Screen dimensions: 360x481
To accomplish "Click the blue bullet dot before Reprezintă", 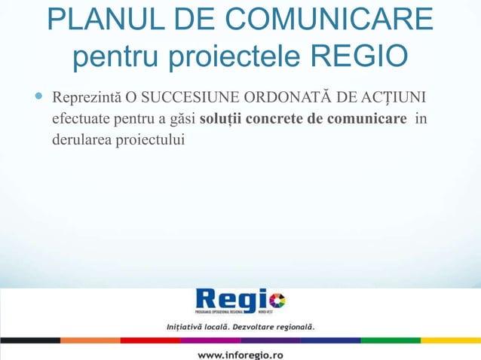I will click(x=38, y=97).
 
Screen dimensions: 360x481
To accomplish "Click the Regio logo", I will click(x=240, y=302).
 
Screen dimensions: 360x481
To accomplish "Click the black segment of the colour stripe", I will click(x=30, y=340).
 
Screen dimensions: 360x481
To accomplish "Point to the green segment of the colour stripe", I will click(x=390, y=340).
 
